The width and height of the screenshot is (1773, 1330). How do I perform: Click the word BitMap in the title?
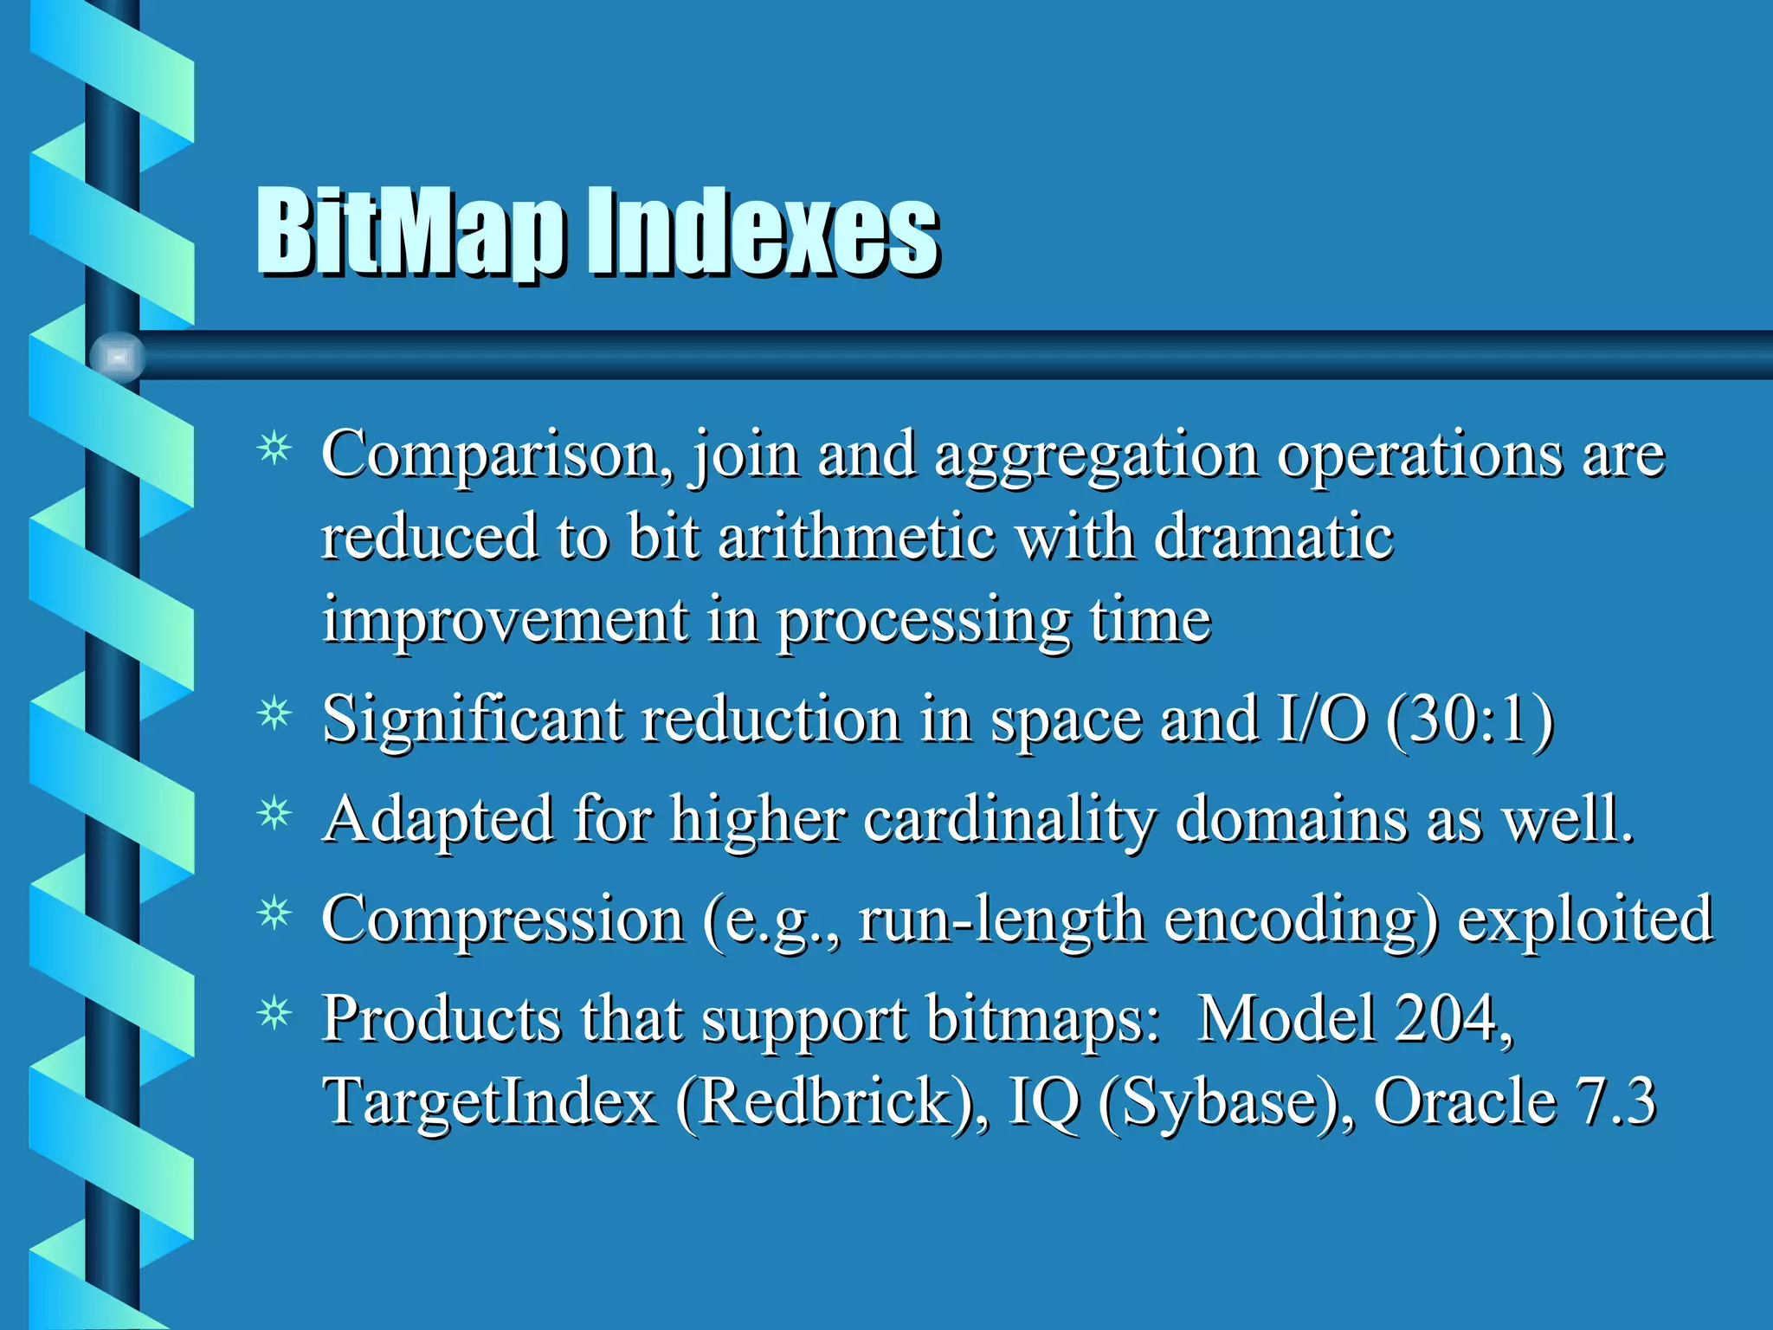(x=411, y=232)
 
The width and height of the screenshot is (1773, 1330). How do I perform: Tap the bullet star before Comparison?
(x=274, y=449)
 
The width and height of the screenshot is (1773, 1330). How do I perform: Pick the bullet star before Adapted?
(x=274, y=814)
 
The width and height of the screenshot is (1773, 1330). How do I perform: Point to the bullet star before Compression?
(x=274, y=914)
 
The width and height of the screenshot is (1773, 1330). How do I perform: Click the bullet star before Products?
(x=274, y=1013)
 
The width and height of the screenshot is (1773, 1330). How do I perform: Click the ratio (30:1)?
(x=1470, y=720)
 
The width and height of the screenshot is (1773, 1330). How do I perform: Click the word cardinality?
(x=1009, y=819)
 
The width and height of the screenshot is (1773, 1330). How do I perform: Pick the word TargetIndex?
(x=490, y=1101)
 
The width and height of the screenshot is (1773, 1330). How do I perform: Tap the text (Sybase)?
(x=1227, y=1101)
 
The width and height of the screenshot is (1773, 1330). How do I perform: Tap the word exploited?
(x=1585, y=920)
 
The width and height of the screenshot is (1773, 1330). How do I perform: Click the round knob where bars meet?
(x=117, y=357)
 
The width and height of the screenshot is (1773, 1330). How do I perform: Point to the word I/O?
(x=1322, y=720)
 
